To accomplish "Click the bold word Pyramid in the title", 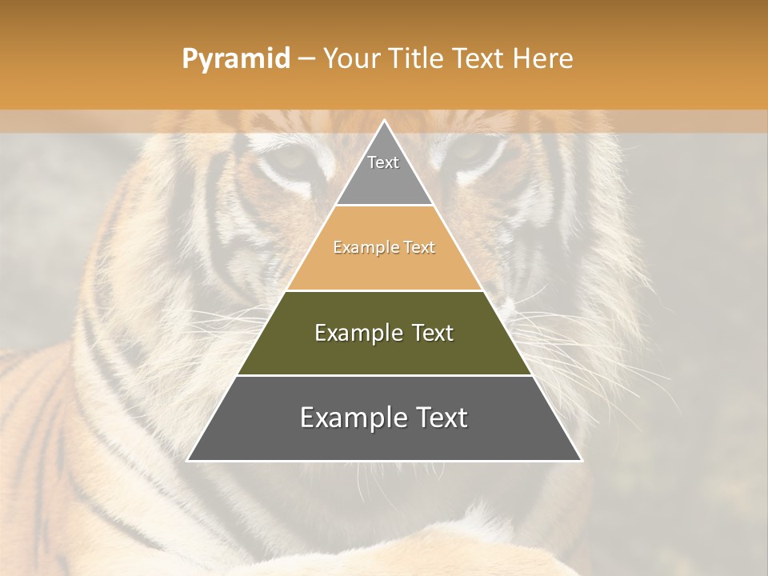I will [236, 59].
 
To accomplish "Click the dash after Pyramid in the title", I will [306, 59].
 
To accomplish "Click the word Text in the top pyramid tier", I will [383, 162].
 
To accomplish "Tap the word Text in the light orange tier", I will [419, 248].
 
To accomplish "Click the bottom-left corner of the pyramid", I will [187, 461].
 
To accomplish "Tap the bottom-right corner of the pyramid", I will [582, 461].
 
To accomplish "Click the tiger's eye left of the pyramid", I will [293, 158].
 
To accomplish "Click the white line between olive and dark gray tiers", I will [385, 375].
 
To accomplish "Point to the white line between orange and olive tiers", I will [385, 290].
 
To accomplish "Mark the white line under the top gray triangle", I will [385, 206].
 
